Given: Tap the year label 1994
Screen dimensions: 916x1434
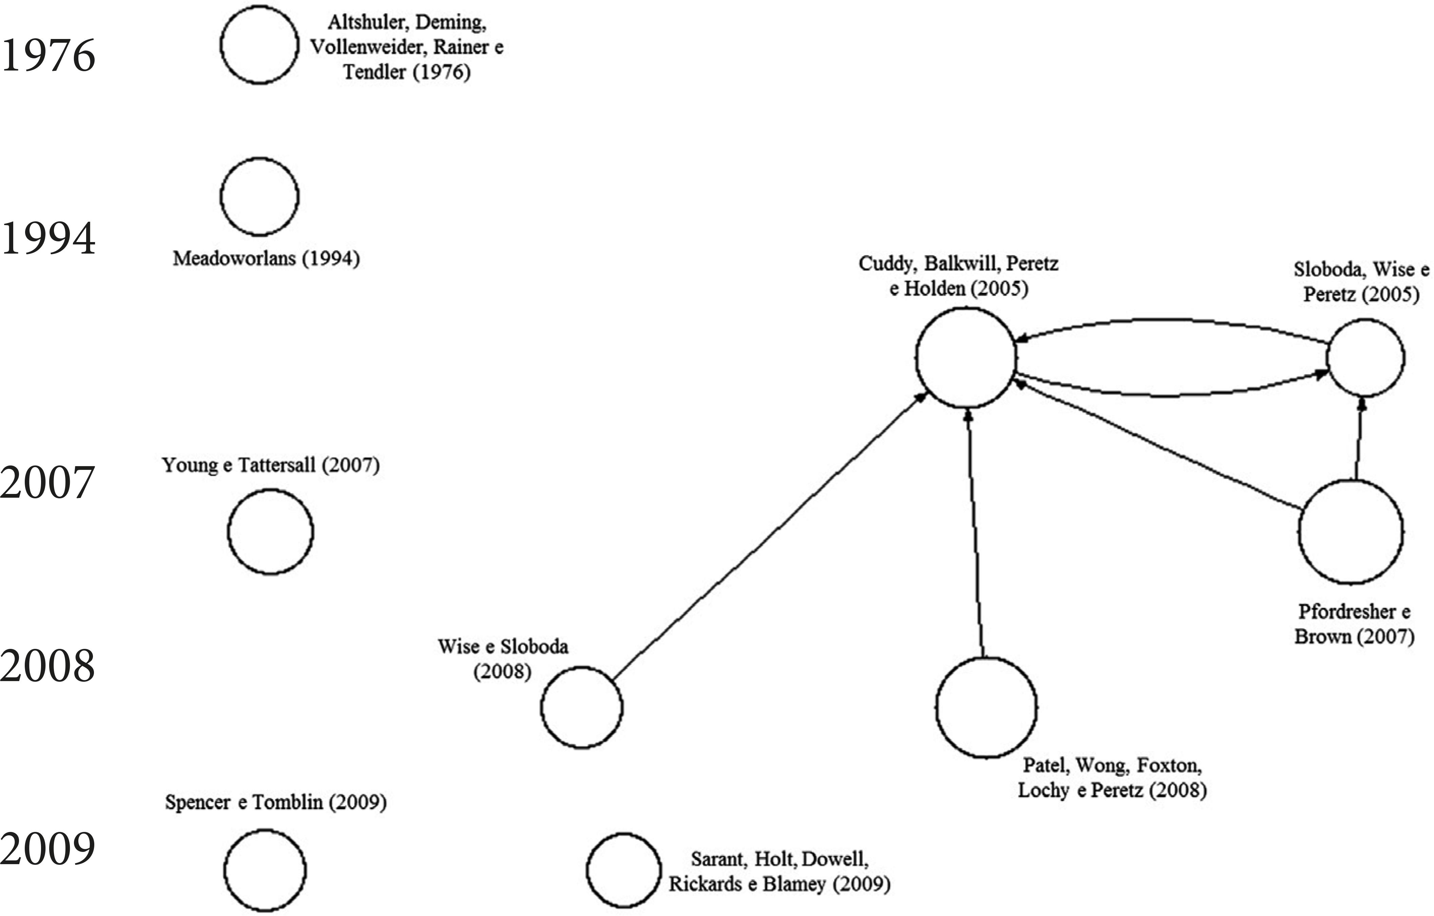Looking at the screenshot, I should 47,238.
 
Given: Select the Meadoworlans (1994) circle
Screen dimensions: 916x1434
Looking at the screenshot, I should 260,196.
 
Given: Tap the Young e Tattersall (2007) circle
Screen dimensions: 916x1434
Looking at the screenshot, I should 270,532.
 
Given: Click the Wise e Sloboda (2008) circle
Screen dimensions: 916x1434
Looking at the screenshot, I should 582,707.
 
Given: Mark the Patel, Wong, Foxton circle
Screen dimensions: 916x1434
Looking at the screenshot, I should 987,707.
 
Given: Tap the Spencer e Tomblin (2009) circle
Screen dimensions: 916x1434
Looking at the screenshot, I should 265,870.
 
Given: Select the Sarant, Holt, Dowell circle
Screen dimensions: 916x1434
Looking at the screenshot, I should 623,870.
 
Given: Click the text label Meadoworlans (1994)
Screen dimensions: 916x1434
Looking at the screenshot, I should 266,258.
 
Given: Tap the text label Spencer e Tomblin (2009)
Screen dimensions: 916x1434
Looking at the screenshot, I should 276,802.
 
